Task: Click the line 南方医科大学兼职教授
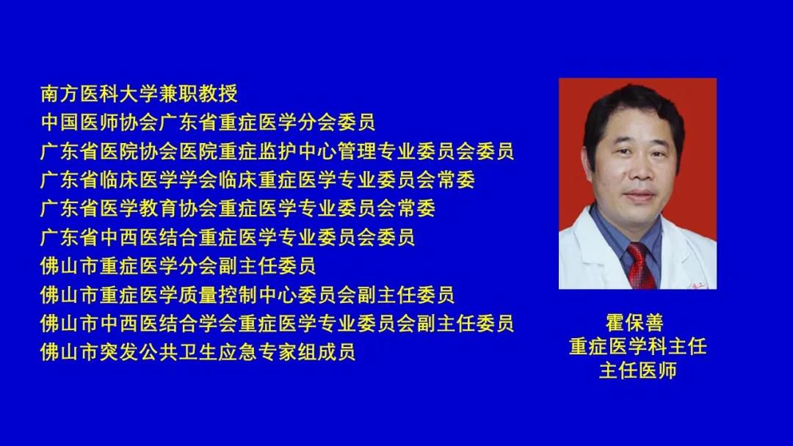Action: point(139,93)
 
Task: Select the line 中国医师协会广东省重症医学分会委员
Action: point(208,123)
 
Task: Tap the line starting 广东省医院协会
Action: point(277,151)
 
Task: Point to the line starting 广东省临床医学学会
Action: point(258,180)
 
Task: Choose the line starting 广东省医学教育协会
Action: point(238,208)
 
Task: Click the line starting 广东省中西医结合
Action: point(228,237)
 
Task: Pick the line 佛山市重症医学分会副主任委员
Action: point(178,266)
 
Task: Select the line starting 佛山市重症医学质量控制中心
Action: point(247,294)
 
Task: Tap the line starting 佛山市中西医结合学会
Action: point(277,323)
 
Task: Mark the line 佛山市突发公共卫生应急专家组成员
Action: point(198,352)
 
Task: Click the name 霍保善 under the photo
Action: point(634,322)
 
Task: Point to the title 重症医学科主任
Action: point(638,346)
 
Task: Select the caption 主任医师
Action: point(638,370)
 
